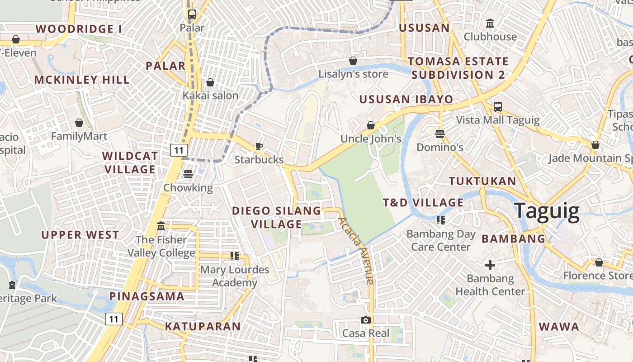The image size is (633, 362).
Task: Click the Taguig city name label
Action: coord(547,212)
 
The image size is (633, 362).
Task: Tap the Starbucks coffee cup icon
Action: coord(259,146)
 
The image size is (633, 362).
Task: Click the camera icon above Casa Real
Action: coord(366,320)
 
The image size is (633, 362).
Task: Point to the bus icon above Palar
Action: coord(192,14)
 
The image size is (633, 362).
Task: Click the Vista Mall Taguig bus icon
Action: coord(497,107)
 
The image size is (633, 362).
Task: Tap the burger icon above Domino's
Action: coord(440,134)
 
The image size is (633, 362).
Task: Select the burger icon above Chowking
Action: coord(188,174)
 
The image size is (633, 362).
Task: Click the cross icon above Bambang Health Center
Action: coord(490,265)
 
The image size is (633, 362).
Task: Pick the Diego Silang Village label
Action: coord(276,217)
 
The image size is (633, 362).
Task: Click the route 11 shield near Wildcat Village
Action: coord(179,150)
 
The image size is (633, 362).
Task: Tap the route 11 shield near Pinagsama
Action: coord(114,319)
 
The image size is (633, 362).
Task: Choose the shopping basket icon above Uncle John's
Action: coord(371,125)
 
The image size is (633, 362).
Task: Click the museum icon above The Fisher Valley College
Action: coord(161,226)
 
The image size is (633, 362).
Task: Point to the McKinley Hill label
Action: coord(82,80)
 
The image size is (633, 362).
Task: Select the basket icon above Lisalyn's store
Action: coord(353,61)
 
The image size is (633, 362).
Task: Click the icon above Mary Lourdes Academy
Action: coord(234,256)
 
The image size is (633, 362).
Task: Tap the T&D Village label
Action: coord(423,202)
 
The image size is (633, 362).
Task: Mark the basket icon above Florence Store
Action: coord(599,262)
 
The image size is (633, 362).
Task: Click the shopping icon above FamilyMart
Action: coord(79,123)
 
